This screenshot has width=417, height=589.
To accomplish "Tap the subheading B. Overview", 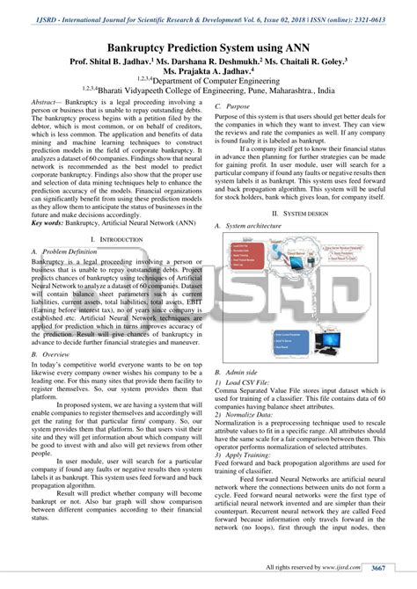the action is [x=52, y=353].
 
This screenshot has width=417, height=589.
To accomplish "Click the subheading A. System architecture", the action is [x=257, y=227].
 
